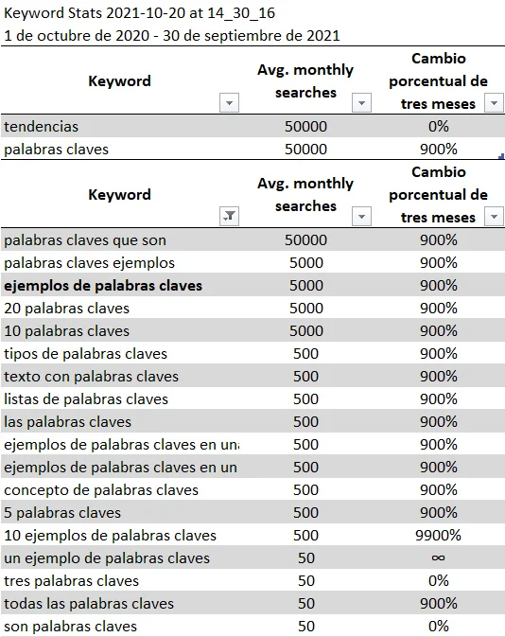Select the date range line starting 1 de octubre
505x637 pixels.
coord(171,36)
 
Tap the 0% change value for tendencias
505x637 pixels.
coord(438,127)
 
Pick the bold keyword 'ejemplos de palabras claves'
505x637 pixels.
coord(103,286)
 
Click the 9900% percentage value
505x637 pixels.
coord(438,536)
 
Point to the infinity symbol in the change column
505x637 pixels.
coord(438,558)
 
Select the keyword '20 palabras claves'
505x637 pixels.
coord(67,309)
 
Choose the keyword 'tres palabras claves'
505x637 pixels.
coord(72,581)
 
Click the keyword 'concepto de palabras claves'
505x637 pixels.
coord(101,490)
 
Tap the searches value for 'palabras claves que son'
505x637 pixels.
coord(305,240)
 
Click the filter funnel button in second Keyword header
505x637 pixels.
coord(229,217)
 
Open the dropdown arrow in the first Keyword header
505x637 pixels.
coord(229,103)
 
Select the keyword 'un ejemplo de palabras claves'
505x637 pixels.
coord(107,558)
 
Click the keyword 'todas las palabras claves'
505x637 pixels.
coord(89,604)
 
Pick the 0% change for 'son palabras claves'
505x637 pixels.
coord(438,627)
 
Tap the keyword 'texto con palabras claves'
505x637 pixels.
coord(91,377)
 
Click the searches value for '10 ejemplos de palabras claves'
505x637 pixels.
coord(305,536)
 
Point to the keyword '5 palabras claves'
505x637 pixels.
coord(62,513)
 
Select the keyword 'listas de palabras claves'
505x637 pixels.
coord(86,399)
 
